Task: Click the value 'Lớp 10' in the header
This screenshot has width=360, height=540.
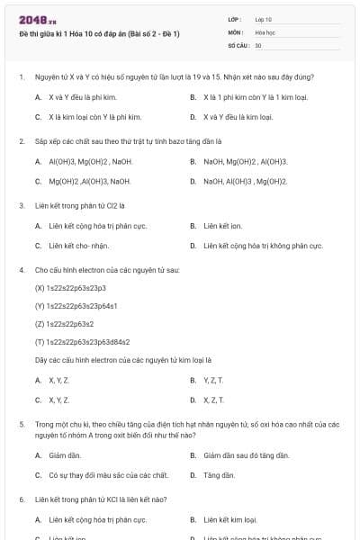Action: click(x=264, y=19)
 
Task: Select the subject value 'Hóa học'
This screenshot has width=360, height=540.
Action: click(x=265, y=31)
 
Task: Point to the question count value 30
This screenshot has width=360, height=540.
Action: click(x=258, y=44)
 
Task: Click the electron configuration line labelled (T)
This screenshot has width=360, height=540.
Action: click(x=82, y=342)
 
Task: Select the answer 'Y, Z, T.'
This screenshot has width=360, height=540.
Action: click(x=213, y=380)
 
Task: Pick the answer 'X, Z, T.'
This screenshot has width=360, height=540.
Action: click(x=213, y=400)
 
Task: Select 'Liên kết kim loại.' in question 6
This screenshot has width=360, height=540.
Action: click(x=230, y=519)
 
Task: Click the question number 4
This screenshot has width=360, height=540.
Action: click(x=21, y=270)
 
